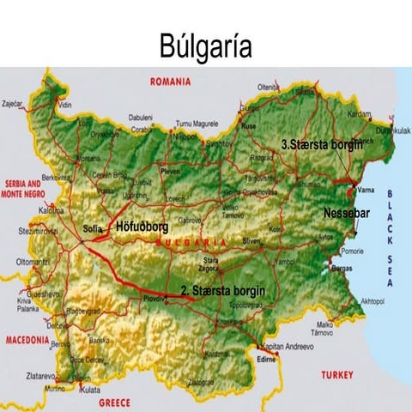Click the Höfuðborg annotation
pos(142,228)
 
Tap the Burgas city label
pos(342,269)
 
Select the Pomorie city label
pos(354,251)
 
